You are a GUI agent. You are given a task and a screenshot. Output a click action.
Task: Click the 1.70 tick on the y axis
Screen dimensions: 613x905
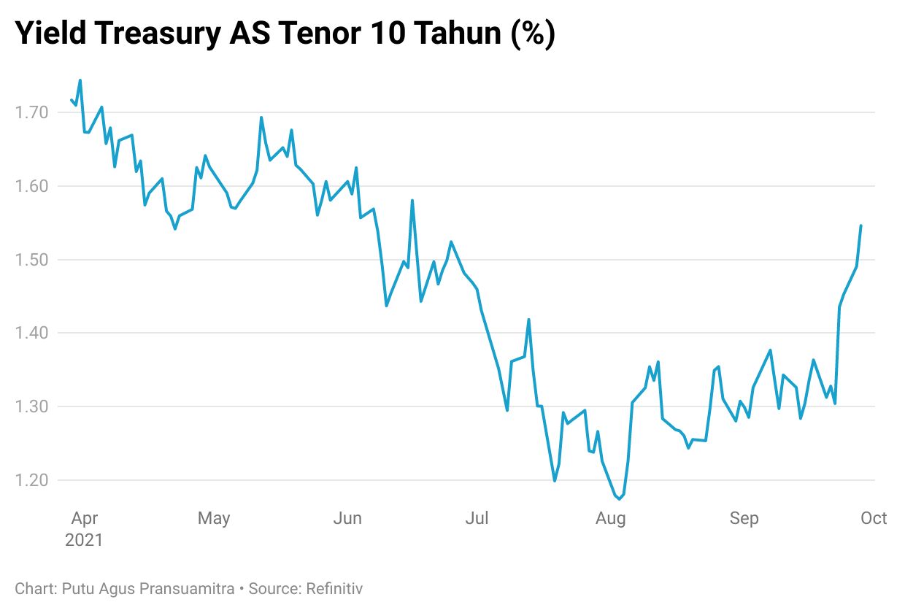30,112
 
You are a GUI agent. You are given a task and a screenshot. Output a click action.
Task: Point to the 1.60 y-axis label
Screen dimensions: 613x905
30,186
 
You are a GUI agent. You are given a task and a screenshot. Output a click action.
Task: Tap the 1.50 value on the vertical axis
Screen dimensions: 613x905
30,260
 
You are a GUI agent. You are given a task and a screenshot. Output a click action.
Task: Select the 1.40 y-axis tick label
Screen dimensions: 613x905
30,333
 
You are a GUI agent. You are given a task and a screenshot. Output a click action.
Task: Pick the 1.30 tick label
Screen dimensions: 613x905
30,406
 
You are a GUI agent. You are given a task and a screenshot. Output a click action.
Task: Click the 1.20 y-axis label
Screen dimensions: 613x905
30,480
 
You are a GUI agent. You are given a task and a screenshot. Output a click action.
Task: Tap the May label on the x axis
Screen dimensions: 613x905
214,518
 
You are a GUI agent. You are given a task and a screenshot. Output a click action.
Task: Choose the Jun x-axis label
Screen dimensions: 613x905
347,518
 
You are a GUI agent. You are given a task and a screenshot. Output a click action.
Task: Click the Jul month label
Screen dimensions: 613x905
477,518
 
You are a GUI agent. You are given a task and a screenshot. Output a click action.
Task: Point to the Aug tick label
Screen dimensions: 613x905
610,518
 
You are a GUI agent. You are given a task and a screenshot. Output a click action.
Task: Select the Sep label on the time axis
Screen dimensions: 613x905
744,518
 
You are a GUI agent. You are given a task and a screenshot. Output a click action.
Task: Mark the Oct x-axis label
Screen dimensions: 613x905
874,518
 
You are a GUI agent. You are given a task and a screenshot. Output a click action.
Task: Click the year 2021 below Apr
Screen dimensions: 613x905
84,541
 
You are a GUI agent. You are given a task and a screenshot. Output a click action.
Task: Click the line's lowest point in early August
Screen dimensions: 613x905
619,499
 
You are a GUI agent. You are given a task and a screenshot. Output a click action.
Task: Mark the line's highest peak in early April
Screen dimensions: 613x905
80,80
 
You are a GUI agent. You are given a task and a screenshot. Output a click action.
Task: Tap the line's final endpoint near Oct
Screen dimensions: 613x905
861,225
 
